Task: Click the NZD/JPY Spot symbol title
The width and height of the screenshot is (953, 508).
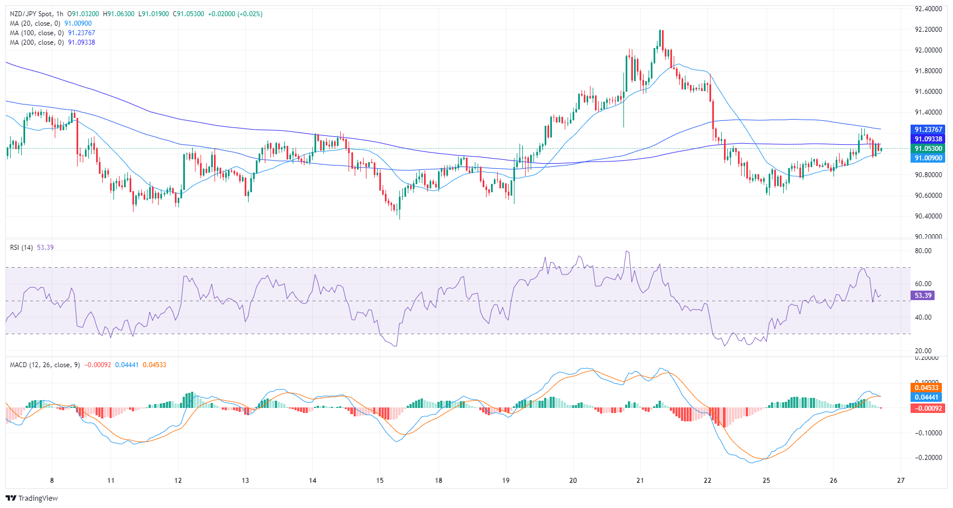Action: pyautogui.click(x=31, y=14)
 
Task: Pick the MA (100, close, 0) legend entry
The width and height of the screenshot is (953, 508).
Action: pyautogui.click(x=37, y=33)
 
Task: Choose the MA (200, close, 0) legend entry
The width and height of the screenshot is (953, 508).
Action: pyautogui.click(x=37, y=42)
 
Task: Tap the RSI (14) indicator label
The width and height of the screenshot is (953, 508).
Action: pyautogui.click(x=21, y=248)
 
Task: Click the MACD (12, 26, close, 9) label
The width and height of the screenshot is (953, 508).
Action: pyautogui.click(x=45, y=365)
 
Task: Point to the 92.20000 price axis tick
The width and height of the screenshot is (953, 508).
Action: pyautogui.click(x=928, y=30)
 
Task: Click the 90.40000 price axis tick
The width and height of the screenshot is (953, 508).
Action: pyautogui.click(x=928, y=216)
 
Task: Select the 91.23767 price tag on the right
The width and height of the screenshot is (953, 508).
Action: pyautogui.click(x=928, y=130)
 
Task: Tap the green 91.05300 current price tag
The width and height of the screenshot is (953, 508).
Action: pyautogui.click(x=928, y=149)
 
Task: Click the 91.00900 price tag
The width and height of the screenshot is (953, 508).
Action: pyautogui.click(x=928, y=158)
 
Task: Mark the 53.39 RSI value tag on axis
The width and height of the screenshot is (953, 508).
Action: pyautogui.click(x=923, y=296)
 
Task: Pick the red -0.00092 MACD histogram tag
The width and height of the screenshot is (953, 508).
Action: pyautogui.click(x=927, y=409)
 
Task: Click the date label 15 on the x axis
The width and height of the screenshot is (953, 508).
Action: pyautogui.click(x=380, y=481)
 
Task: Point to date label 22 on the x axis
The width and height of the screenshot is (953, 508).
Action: pyautogui.click(x=708, y=481)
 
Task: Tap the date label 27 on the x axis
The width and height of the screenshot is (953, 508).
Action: pyautogui.click(x=900, y=481)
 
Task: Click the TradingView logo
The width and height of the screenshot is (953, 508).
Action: pyautogui.click(x=32, y=498)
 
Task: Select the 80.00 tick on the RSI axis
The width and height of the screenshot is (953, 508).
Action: pyautogui.click(x=923, y=251)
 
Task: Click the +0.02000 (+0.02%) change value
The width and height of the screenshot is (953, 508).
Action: pyautogui.click(x=235, y=14)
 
